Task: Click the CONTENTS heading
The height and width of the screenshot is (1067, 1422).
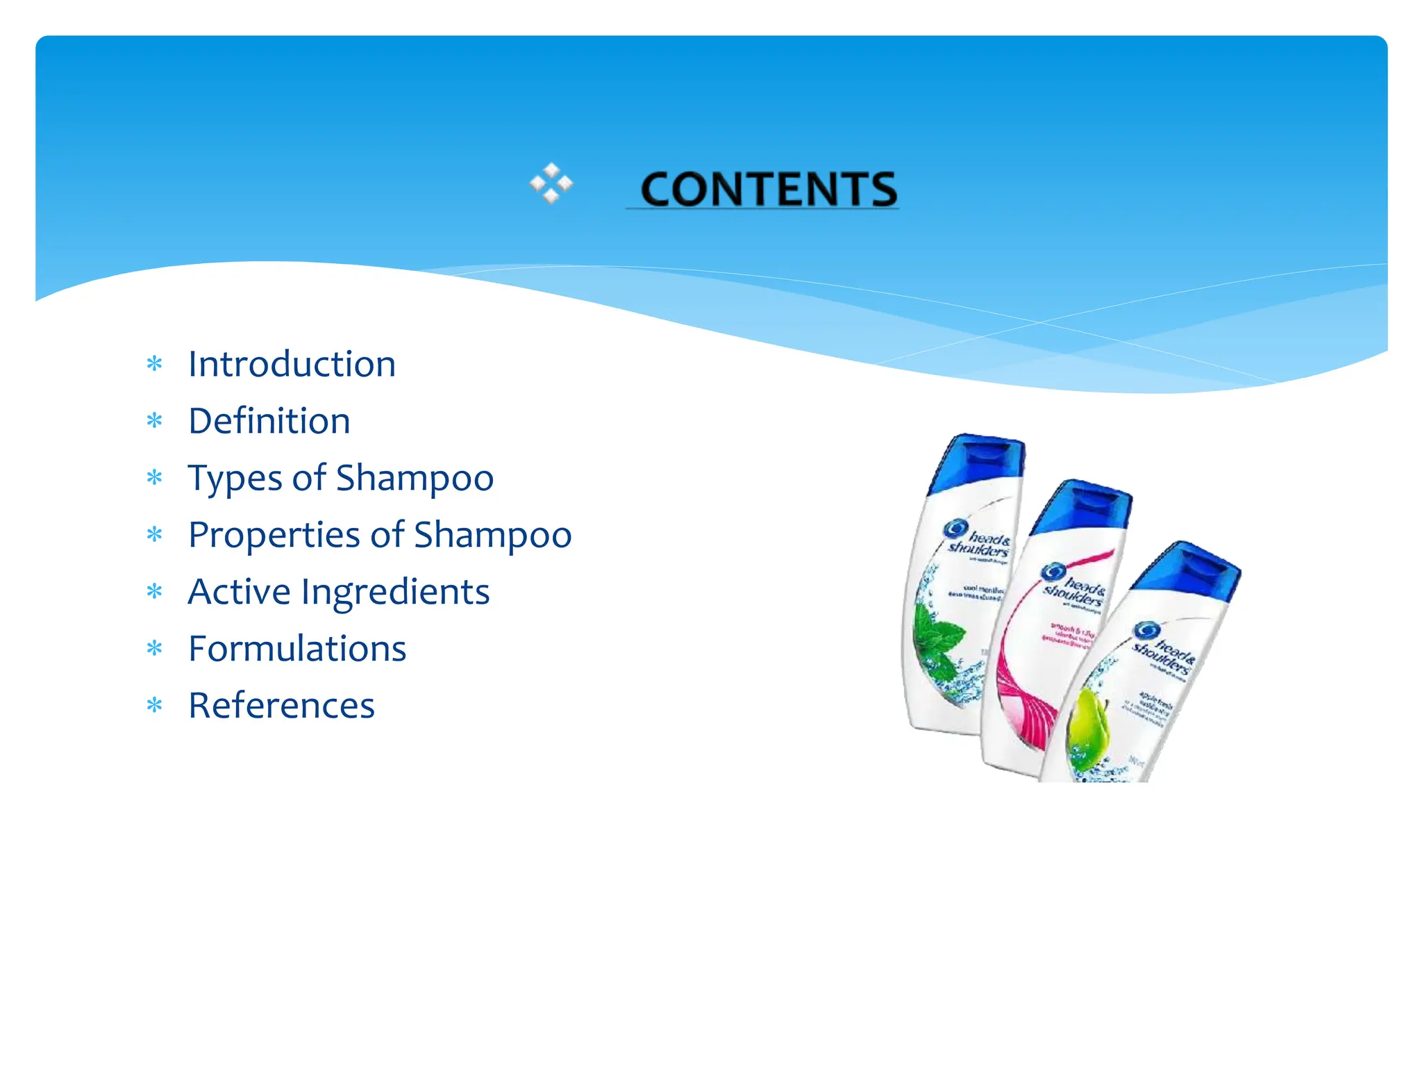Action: click(768, 189)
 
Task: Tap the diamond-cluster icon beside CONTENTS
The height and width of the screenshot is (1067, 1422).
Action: click(551, 183)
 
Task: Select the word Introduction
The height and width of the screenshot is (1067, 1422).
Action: click(292, 364)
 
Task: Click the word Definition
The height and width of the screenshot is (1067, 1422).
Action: click(269, 421)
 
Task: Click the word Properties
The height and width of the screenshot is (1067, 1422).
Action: click(274, 536)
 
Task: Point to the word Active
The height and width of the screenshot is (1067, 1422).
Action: click(239, 592)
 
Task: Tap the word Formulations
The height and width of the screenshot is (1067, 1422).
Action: click(297, 649)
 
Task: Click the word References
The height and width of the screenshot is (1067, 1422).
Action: click(281, 706)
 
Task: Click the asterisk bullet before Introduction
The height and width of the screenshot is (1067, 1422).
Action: click(154, 365)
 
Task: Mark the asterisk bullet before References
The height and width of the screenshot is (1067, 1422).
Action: click(154, 706)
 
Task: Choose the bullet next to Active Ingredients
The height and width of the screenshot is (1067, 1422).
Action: click(154, 593)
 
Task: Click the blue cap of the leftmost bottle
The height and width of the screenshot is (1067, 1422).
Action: click(979, 462)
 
